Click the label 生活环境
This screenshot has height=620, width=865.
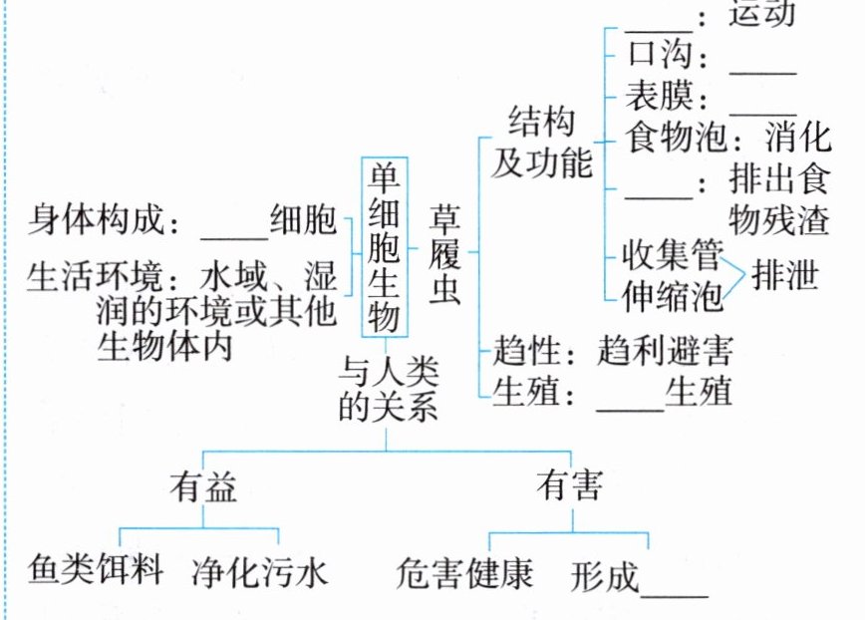click(84, 276)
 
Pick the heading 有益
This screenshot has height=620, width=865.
click(202, 485)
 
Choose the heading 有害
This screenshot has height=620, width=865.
click(569, 485)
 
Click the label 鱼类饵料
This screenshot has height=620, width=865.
click(96, 571)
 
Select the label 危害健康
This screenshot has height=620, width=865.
click(464, 572)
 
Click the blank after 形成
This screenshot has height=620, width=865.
click(675, 584)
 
